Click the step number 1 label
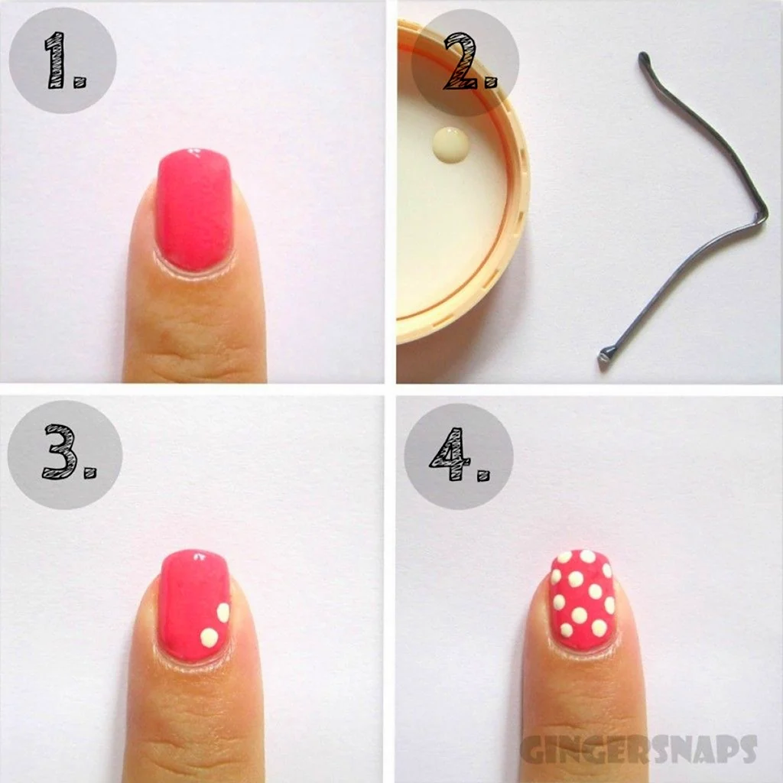pos(66,60)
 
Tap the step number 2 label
pos(470,61)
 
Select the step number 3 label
pos(68,452)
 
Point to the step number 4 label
pos(459,454)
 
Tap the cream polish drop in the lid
pos(451,144)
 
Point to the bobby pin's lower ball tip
pos(605,356)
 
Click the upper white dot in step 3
pos(223,612)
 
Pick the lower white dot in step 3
pos(210,638)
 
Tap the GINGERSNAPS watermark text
pos(638,749)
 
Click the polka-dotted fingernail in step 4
pos(582,599)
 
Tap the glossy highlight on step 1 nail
pos(195,151)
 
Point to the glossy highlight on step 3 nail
pos(200,555)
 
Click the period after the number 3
pos(90,473)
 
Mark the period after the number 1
pos(80,83)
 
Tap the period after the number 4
pos(483,475)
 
